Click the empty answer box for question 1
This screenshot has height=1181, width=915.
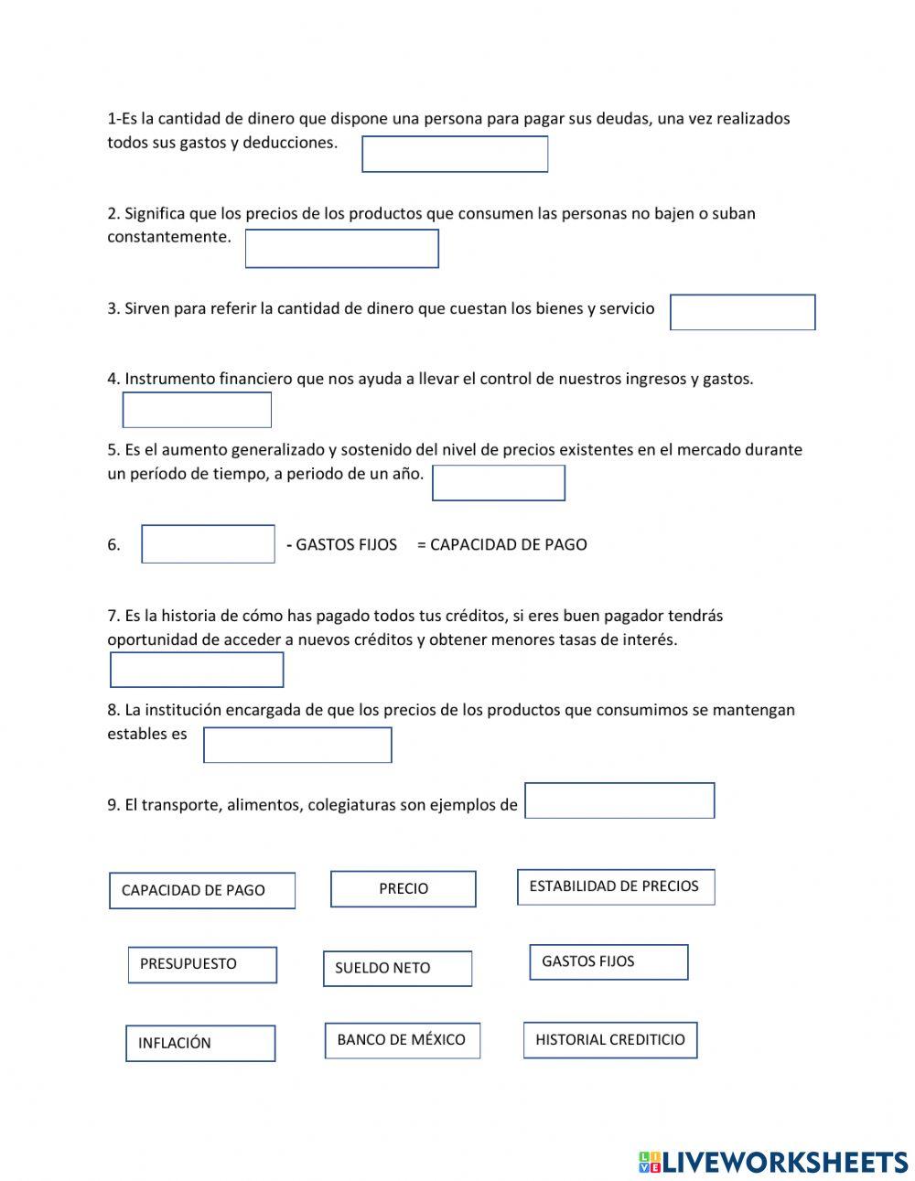(455, 154)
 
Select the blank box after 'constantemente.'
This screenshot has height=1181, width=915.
(341, 249)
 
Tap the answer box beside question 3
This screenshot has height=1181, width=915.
(742, 312)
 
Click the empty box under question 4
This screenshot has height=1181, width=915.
(197, 410)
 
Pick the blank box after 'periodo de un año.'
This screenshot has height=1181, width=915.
(498, 483)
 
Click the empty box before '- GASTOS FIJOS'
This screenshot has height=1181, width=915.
(208, 543)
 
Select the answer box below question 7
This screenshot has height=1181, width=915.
(197, 670)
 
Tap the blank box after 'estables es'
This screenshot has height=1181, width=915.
(297, 745)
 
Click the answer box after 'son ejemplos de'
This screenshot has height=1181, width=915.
(619, 800)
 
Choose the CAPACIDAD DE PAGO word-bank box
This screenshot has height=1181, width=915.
(202, 890)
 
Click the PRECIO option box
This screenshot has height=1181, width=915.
(403, 888)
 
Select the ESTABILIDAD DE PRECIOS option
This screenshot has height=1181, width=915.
(615, 886)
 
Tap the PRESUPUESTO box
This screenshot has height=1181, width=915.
(202, 964)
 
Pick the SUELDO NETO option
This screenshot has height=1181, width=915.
(397, 968)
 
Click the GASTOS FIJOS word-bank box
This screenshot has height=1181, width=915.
(608, 961)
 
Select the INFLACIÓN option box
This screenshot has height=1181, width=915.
(200, 1043)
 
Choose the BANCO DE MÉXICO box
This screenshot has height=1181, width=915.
(402, 1040)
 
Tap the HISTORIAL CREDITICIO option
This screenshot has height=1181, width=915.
(609, 1040)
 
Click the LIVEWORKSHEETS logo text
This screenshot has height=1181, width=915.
(784, 1162)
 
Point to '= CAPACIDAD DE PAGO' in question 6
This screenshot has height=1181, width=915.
(501, 544)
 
